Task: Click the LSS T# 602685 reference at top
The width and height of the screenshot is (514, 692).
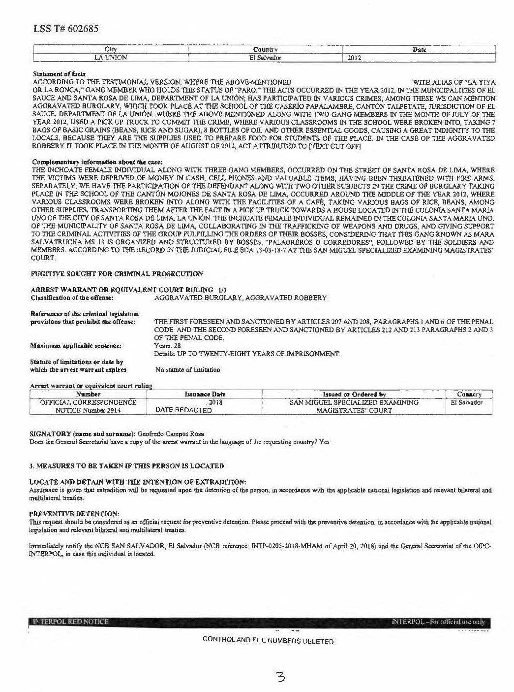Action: (x=66, y=29)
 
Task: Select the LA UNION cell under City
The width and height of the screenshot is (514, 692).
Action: (x=112, y=58)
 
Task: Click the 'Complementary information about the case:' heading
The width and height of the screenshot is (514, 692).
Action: (x=97, y=162)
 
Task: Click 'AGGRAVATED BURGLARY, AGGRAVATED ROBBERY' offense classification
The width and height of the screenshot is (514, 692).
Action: (x=241, y=298)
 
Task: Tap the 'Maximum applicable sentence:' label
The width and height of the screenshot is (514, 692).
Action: (x=76, y=346)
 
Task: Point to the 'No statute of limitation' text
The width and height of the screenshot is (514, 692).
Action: (x=187, y=369)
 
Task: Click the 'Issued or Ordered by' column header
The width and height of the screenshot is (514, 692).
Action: (x=354, y=394)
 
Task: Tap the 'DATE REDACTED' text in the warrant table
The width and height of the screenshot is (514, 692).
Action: (x=183, y=410)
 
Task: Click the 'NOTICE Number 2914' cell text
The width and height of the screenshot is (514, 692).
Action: (x=89, y=410)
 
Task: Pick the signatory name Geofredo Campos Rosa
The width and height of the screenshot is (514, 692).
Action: (x=167, y=434)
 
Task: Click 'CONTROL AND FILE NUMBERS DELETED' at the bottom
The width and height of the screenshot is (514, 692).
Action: (x=268, y=641)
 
